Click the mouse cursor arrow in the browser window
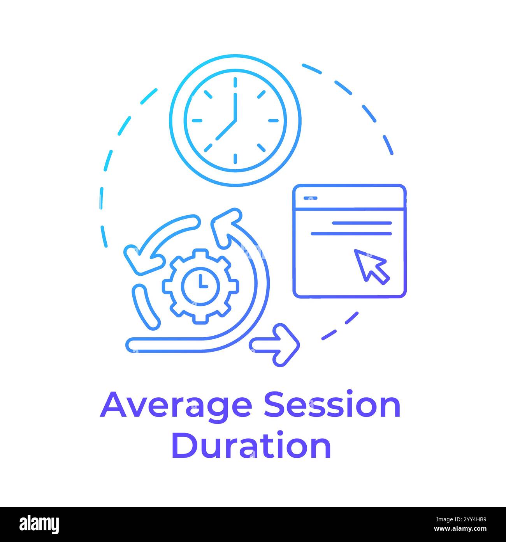[370, 265]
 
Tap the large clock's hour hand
[226, 129]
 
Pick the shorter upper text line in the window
[362, 223]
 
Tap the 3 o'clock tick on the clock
[274, 120]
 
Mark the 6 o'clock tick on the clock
[235, 159]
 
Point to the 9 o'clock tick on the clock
[197, 120]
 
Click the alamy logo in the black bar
[39, 524]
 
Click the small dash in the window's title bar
[310, 198]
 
